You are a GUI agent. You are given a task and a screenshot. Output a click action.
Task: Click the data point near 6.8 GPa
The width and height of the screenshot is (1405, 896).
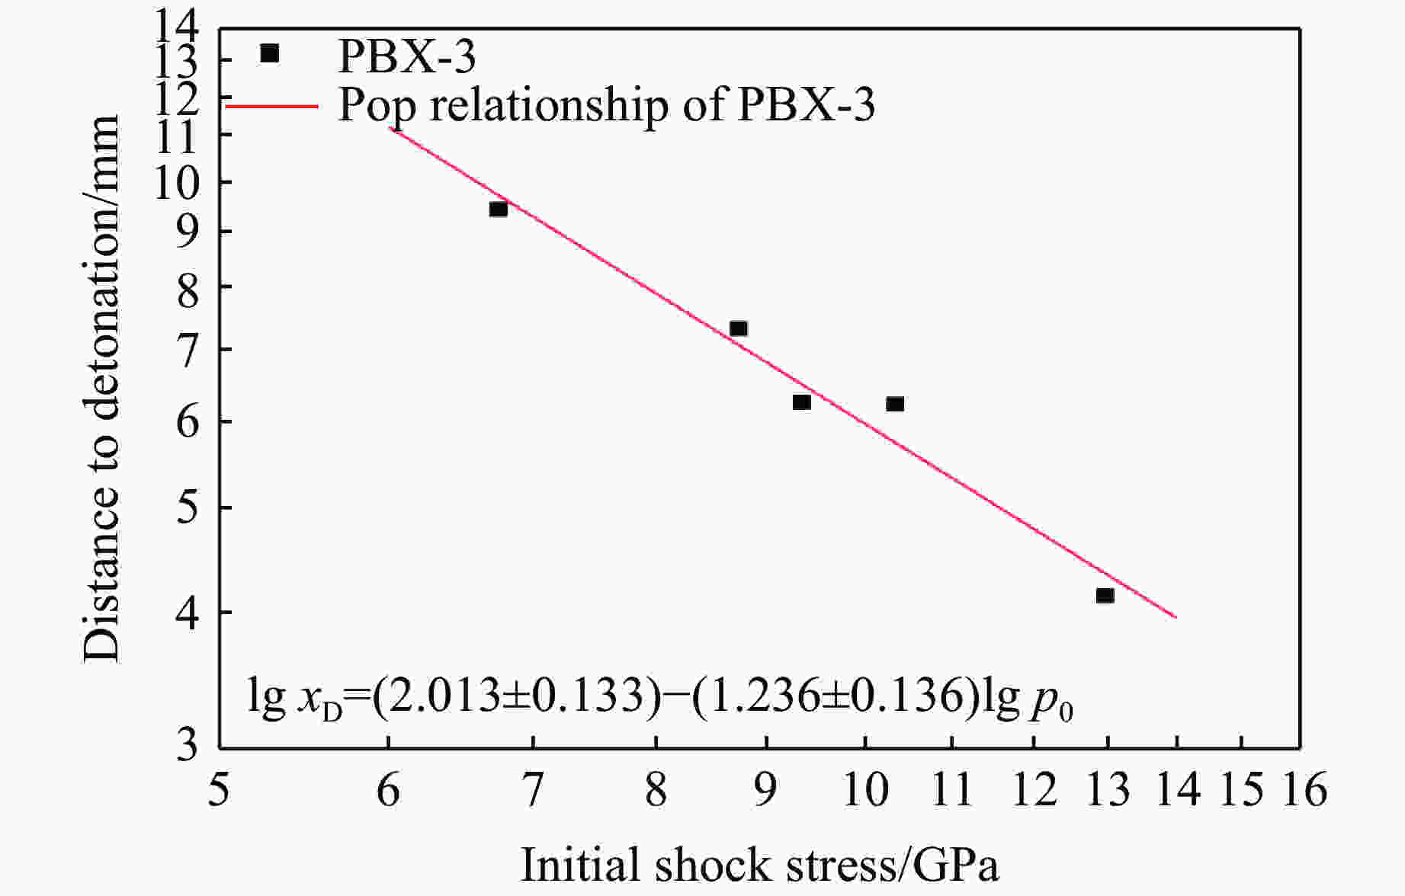pos(499,209)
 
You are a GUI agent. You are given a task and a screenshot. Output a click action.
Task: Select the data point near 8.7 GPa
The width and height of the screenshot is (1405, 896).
pos(738,328)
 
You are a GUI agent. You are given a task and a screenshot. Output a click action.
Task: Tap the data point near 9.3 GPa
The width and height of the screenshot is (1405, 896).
pos(801,402)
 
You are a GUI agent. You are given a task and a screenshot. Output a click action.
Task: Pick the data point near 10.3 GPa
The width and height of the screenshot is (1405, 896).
pos(895,404)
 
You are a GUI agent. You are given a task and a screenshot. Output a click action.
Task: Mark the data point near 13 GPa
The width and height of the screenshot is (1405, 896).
pos(1105,595)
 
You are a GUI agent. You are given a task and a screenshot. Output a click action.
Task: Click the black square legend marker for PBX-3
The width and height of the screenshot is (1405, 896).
pos(270,53)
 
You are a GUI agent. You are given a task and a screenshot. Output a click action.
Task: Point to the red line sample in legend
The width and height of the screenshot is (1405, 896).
pos(271,106)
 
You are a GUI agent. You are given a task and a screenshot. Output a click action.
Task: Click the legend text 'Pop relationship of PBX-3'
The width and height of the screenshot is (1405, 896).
pos(606,106)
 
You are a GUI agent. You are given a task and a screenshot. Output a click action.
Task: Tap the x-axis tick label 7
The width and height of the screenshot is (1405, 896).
pos(532,790)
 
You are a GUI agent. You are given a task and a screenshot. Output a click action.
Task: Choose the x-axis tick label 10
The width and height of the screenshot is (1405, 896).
pos(864,790)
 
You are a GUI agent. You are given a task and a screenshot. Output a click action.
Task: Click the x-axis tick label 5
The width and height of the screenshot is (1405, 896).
pos(219,790)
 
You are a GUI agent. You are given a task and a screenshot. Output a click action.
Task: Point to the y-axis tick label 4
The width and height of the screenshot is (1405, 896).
pos(188,612)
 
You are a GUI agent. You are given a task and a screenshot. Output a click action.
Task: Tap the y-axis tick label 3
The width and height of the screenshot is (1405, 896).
pos(188,744)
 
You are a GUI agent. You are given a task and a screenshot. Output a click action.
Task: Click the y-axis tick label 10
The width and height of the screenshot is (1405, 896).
pos(178,183)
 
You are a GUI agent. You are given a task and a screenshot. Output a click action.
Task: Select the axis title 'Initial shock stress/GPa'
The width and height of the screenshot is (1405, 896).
pos(759,866)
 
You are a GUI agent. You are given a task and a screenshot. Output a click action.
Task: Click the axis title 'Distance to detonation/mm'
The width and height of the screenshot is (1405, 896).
pos(102,389)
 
